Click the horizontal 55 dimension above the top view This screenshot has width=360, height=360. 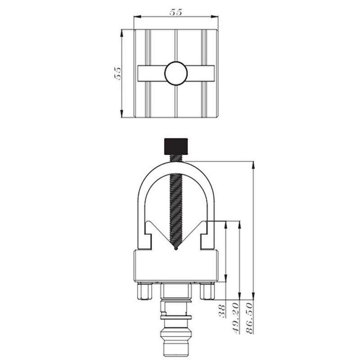(176, 13)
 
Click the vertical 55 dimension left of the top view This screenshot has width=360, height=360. (117, 73)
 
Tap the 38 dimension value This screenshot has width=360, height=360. (222, 311)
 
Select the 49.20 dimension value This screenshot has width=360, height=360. (235, 318)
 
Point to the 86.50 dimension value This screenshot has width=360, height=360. (249, 318)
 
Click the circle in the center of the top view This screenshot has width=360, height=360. (176, 73)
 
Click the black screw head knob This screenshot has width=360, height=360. (176, 146)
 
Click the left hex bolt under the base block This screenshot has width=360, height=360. (145, 291)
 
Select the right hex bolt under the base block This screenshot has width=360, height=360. (207, 291)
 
